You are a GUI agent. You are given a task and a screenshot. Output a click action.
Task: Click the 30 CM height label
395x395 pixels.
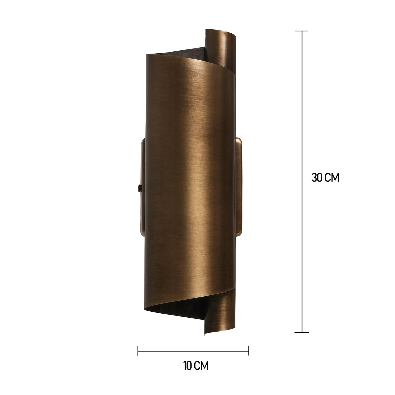pyautogui.click(x=325, y=177)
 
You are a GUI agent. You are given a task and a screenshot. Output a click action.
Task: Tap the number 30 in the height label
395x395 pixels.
pyautogui.click(x=317, y=177)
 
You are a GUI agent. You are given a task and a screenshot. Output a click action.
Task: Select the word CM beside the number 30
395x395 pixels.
pyautogui.click(x=332, y=177)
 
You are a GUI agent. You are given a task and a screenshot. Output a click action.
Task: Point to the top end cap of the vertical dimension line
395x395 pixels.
pyautogui.click(x=302, y=31)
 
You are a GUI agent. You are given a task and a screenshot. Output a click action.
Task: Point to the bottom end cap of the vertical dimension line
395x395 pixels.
pyautogui.click(x=302, y=332)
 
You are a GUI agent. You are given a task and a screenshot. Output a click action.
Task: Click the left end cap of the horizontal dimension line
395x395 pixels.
pyautogui.click(x=138, y=351)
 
